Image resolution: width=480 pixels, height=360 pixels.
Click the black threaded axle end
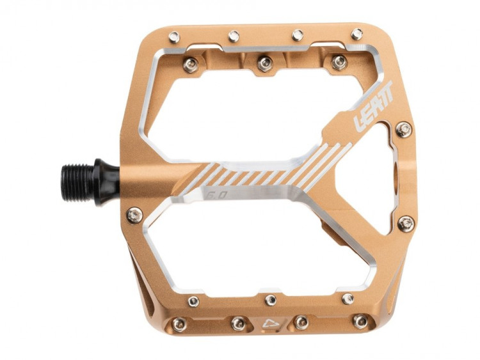78,180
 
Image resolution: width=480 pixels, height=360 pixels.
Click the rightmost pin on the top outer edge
357,34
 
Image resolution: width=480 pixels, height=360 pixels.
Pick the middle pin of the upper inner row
264,62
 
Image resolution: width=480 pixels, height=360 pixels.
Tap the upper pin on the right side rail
403,130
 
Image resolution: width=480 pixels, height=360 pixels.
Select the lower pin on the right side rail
406,223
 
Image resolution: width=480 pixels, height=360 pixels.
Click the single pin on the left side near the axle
134,215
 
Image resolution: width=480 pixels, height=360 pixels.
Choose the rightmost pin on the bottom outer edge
362,321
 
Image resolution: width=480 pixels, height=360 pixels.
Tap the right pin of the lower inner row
348,299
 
